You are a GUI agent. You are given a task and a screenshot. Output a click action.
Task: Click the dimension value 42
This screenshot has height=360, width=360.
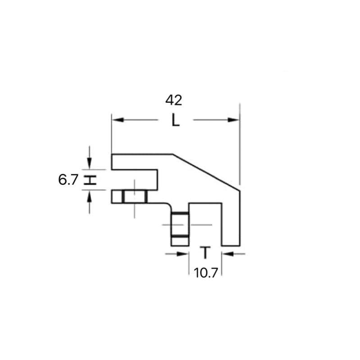173,100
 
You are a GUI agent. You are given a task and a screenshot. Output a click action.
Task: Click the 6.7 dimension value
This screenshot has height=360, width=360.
68,180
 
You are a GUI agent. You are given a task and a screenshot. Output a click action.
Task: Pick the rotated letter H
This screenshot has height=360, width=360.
91,180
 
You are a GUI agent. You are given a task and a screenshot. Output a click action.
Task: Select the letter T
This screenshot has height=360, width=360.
205,253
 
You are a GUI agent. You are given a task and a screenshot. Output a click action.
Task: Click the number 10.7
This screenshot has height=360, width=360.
205,273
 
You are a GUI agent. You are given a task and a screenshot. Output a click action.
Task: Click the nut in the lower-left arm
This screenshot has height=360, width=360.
135,197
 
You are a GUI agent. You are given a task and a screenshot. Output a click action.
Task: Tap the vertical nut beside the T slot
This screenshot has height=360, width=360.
180,229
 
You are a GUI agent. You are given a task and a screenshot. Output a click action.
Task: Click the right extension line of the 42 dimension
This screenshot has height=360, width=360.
240,144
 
